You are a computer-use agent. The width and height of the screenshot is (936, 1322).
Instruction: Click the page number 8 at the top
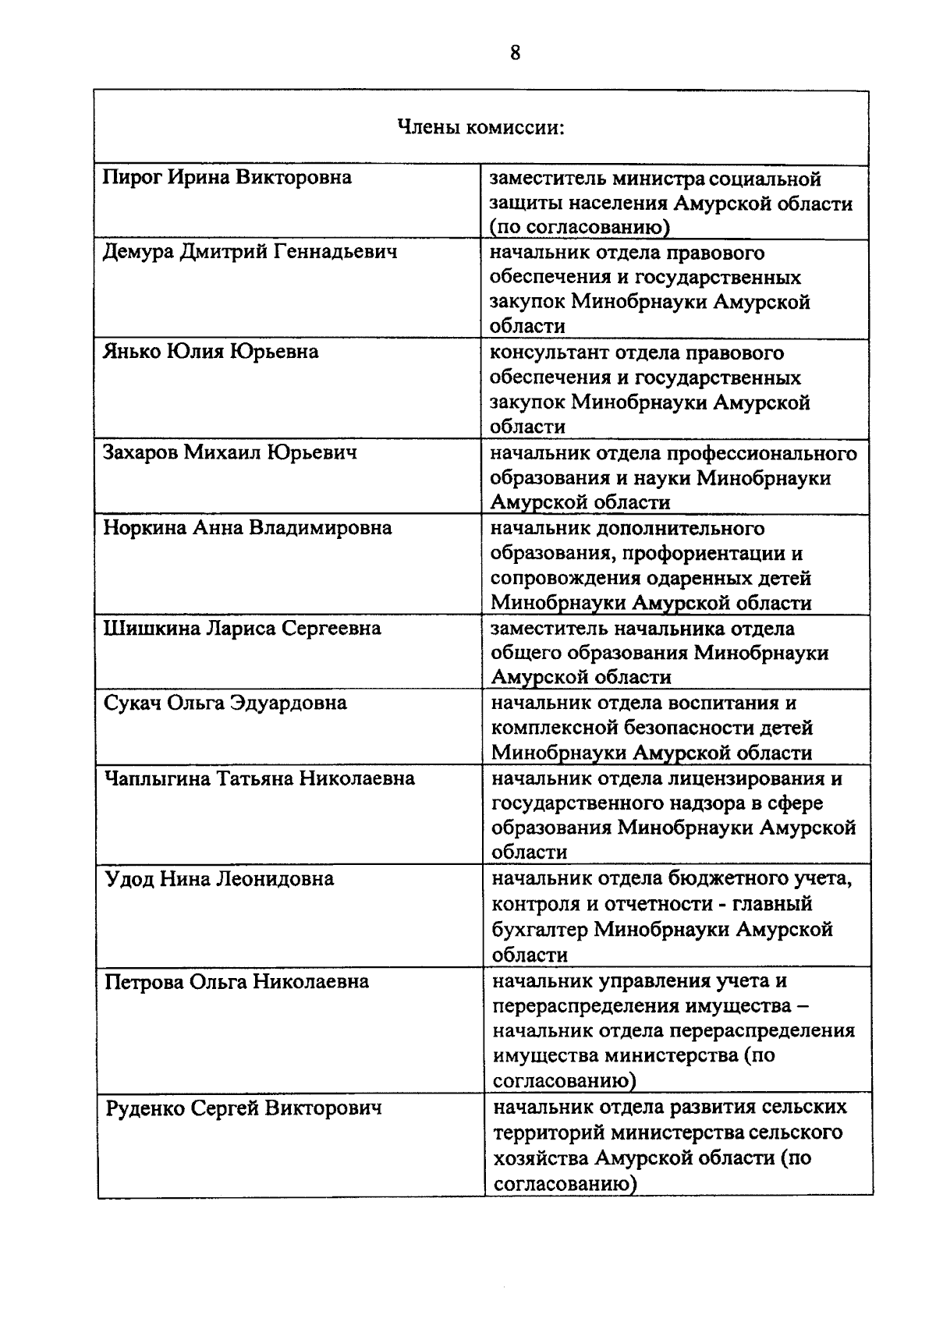(x=515, y=53)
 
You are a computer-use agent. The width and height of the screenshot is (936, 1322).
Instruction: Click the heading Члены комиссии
(x=481, y=128)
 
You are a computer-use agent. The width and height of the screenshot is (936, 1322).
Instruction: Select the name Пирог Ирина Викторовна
(x=228, y=178)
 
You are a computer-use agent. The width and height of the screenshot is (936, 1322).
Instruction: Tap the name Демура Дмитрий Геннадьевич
(x=250, y=253)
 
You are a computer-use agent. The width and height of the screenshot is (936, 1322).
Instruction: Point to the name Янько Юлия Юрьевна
(x=211, y=352)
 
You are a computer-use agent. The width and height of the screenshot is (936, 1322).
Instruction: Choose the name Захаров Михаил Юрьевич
(x=231, y=452)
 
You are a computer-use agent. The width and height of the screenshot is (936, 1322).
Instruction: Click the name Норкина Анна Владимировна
(x=248, y=528)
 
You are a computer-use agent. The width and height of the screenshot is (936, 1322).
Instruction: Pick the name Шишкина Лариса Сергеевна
(x=243, y=629)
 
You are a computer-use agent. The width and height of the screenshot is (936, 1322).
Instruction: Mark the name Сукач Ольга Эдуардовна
(x=225, y=704)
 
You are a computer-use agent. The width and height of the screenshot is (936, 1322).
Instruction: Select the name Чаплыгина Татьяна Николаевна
(x=260, y=778)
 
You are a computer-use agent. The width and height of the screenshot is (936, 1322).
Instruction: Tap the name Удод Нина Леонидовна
(x=219, y=880)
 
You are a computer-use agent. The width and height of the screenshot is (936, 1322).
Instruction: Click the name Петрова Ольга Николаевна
(x=237, y=981)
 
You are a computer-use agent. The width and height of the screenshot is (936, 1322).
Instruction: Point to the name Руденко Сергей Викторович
(x=243, y=1108)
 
